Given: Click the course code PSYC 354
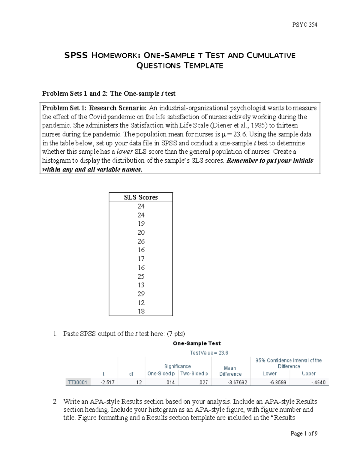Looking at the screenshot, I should click(x=304, y=25).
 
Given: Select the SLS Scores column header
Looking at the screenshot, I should click(x=141, y=197).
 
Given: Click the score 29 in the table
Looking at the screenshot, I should click(x=141, y=294).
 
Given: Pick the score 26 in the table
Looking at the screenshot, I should click(x=141, y=241).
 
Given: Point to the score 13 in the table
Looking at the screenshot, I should click(x=141, y=285).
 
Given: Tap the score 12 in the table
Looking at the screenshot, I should click(x=141, y=303).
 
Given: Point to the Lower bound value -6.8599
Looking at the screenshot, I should click(x=277, y=382).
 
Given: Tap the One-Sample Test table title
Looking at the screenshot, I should click(x=197, y=343).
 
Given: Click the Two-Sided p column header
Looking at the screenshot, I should click(x=194, y=374).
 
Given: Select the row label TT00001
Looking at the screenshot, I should click(x=77, y=382).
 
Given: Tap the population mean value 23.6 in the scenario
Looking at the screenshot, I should click(x=240, y=134).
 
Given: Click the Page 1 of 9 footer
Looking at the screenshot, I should click(x=304, y=433).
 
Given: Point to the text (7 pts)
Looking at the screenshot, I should click(x=175, y=334).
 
